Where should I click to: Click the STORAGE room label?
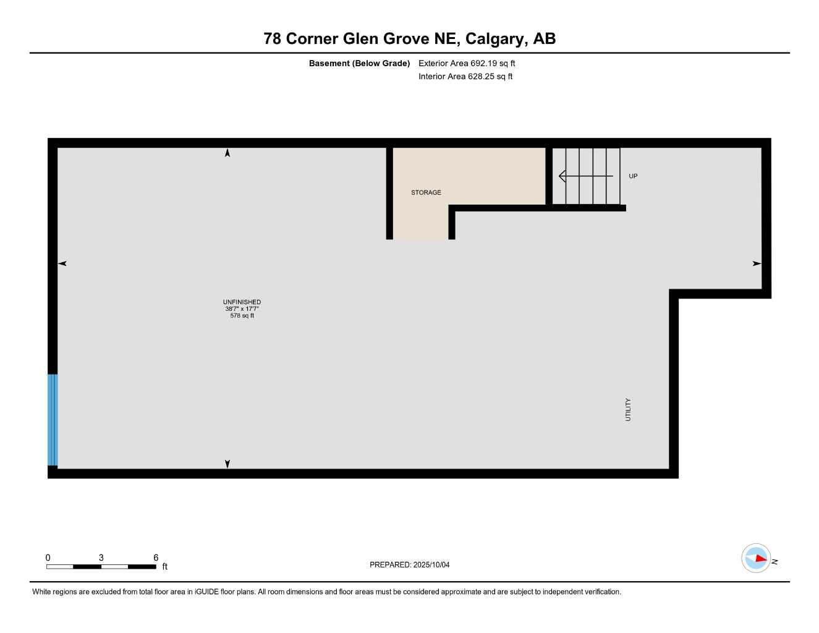pos(426,192)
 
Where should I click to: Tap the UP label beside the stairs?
pos(633,176)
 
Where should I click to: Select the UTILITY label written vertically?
pos(628,409)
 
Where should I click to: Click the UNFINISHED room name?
pos(242,302)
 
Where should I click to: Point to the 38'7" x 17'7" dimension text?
pos(242,309)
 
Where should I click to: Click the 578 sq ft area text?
pos(242,316)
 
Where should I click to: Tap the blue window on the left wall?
pos(53,420)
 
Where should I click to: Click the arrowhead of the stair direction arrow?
pos(561,176)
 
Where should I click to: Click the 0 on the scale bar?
pos(48,558)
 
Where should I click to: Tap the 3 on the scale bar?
pos(101,558)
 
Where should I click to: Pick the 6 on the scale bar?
pos(156,558)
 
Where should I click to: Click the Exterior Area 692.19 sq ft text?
pos(467,63)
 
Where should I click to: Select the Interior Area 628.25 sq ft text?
pos(465,77)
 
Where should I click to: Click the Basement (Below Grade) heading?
pos(359,63)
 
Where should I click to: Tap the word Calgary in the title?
pos(494,39)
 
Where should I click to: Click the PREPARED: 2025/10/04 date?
pos(409,564)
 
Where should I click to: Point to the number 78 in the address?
pos(273,39)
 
